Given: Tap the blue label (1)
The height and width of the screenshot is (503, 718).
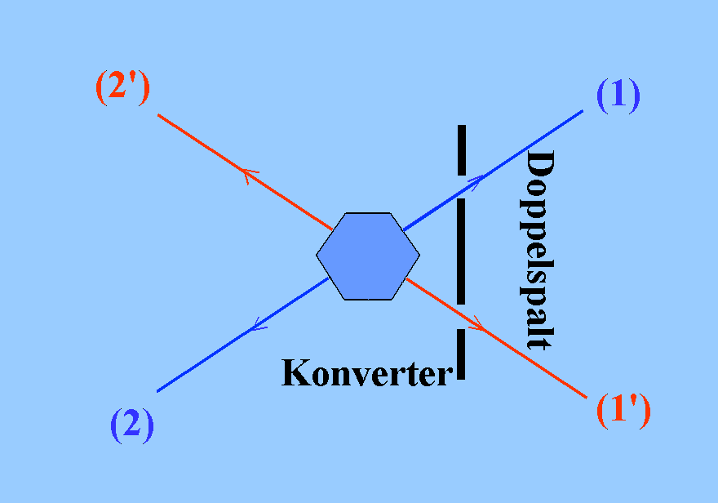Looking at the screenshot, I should pos(618,96).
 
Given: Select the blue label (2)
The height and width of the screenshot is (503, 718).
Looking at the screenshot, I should pos(131,425).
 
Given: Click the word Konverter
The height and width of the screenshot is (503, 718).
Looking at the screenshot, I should pos(366,373).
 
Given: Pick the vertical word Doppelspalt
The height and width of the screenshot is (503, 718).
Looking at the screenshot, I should pos(539,250).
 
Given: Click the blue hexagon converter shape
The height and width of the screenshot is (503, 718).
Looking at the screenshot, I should pos(368,256).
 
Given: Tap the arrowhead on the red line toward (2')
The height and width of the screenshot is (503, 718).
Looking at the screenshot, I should pos(248,174).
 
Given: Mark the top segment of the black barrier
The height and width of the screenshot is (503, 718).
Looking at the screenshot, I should pos(462,150).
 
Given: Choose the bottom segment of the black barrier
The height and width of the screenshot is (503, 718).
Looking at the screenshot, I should pos(462,354).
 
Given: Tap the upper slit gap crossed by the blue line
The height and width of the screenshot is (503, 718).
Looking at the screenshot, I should pos(462,187).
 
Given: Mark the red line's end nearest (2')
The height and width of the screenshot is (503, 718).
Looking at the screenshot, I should pos(158,115).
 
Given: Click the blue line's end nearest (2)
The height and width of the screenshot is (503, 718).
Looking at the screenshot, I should pos(157,390).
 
